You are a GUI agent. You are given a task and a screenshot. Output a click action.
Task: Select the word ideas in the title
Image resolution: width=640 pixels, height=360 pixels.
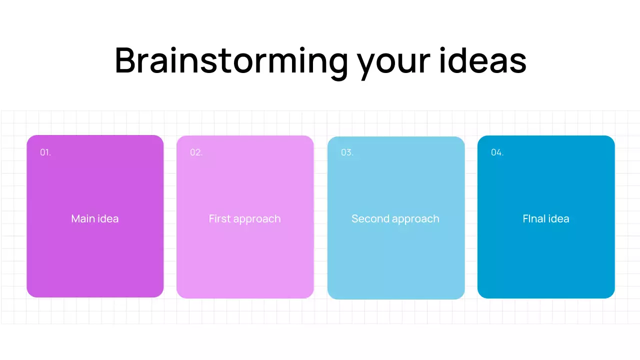483,61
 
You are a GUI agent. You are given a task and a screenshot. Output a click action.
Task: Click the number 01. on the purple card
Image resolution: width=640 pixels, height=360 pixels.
45,152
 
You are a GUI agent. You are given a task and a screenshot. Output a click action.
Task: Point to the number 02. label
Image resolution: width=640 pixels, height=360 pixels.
196,152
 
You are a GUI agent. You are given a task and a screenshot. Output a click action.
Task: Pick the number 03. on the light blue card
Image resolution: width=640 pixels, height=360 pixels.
347,152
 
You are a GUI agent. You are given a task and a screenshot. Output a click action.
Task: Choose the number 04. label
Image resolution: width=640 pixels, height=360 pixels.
497,152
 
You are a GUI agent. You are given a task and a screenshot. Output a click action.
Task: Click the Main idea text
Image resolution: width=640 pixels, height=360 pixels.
95,218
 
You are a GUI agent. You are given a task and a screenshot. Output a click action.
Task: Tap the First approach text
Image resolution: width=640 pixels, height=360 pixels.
245,219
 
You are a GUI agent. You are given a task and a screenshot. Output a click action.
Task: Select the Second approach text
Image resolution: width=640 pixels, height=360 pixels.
395,219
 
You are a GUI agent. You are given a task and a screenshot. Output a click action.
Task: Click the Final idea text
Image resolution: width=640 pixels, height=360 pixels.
546,218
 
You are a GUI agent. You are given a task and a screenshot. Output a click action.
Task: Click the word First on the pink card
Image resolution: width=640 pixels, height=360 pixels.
219,218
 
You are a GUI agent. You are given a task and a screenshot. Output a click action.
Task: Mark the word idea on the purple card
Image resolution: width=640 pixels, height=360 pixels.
108,218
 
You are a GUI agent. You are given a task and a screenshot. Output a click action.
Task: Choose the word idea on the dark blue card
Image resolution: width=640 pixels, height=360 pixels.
558,218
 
